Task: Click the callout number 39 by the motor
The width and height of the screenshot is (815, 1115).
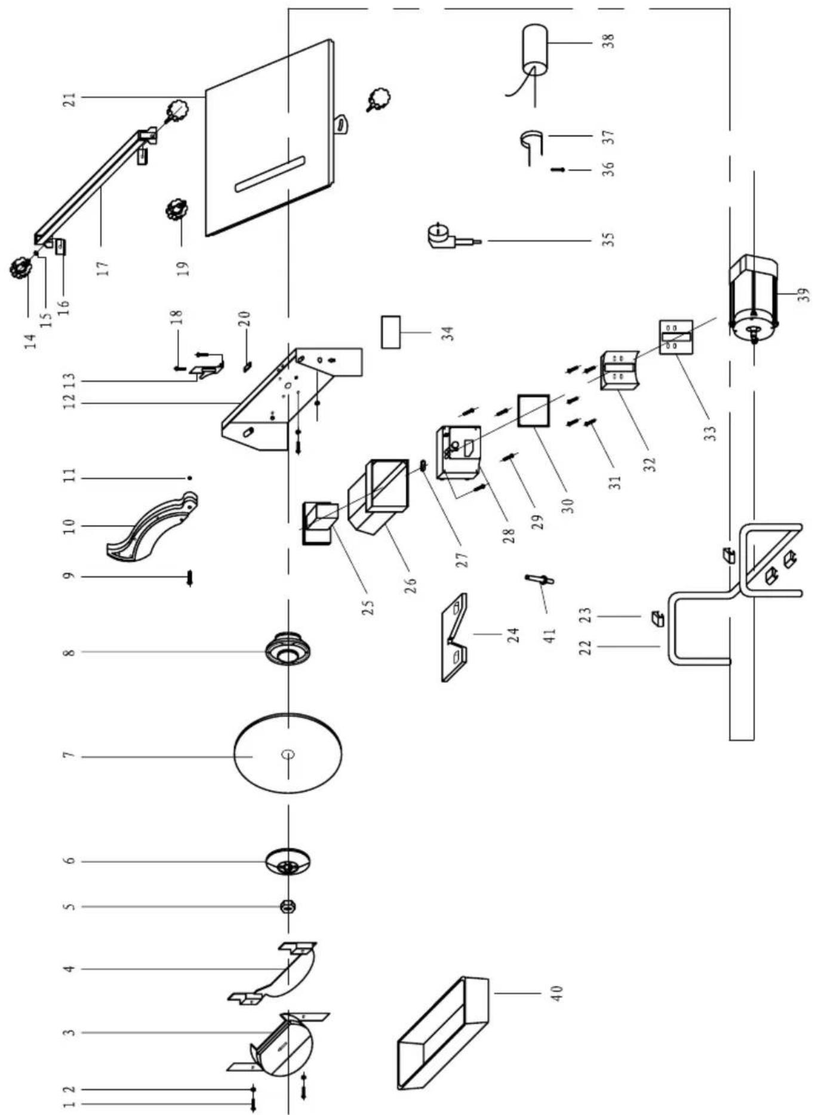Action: (804, 295)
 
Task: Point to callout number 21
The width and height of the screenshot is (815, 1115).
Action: (70, 99)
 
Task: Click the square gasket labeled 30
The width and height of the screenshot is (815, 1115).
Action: (533, 410)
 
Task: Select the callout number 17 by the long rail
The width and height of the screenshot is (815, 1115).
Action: (104, 268)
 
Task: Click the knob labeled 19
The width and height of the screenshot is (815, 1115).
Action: (176, 210)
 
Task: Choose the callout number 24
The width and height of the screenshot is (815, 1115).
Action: (513, 634)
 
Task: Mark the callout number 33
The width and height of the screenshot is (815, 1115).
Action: (710, 432)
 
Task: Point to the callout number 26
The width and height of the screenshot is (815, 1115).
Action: (410, 585)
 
